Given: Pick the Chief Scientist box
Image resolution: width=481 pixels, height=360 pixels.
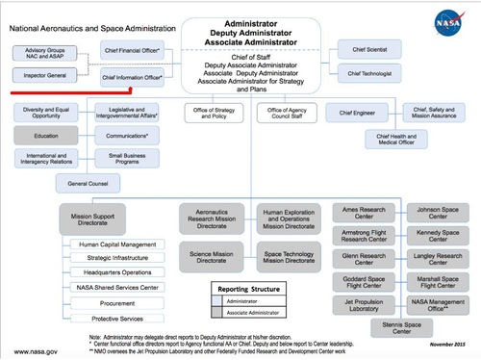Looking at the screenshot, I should tap(370, 48).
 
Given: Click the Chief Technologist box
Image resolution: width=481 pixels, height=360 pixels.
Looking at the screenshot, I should tap(370, 72).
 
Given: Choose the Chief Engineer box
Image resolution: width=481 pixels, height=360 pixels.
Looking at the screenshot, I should tap(354, 114).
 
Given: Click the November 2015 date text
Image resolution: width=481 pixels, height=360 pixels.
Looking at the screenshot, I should tap(446, 344).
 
